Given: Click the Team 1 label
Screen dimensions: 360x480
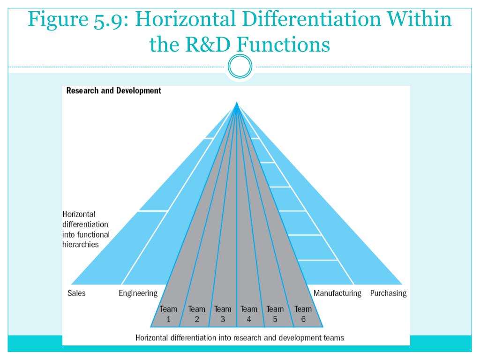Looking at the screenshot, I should [169, 314].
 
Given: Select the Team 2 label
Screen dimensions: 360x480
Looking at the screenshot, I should [196, 314].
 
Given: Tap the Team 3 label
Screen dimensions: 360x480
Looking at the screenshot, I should [223, 314].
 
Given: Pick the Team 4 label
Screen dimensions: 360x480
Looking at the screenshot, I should [249, 314].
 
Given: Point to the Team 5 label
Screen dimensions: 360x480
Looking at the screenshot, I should [275, 314].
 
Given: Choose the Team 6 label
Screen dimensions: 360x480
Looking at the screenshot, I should [303, 314].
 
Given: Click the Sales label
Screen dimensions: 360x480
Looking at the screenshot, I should [77, 293].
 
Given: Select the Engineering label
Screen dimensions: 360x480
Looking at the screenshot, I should [138, 293].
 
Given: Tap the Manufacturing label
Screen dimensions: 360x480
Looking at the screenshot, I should [337, 293].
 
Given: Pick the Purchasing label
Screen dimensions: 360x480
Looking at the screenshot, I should [388, 293].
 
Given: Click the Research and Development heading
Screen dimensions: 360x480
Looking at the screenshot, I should [113, 90].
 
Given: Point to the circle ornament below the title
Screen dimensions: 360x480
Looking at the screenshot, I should [240, 68].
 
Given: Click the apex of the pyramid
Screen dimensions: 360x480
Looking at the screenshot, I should [237, 104].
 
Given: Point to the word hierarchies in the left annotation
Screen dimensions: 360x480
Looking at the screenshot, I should [80, 244].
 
